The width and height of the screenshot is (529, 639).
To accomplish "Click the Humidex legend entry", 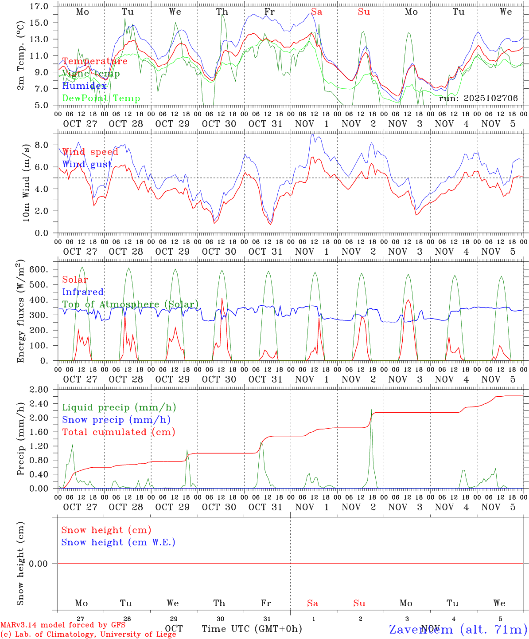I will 84,86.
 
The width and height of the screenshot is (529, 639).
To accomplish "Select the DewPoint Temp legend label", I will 101,99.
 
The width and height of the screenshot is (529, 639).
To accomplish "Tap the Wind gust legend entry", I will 87,164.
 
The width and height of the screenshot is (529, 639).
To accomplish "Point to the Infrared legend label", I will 83,292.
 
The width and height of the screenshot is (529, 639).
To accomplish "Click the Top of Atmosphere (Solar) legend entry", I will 130,304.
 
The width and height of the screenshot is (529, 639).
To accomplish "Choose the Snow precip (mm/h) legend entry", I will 116,420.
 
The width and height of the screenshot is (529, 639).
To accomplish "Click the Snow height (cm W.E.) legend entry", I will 118,542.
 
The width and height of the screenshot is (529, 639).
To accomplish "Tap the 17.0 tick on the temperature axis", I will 40,7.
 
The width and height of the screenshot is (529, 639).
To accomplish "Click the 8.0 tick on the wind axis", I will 42,145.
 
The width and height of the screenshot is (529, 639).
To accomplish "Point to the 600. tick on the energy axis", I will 39,270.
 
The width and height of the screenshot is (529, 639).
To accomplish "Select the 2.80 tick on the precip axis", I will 40,390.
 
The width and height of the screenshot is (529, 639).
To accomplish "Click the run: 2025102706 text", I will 478,99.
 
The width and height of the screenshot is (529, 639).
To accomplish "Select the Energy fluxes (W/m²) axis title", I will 21,312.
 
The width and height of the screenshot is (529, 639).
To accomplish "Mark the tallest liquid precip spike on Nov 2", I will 371,410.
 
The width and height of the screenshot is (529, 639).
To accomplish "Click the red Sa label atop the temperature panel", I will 316,12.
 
